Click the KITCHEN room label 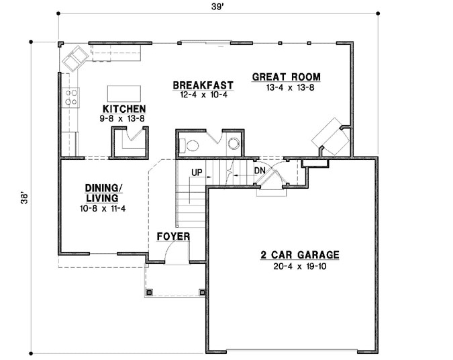click(124, 108)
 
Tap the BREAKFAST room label click(203, 85)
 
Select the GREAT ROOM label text click(286, 77)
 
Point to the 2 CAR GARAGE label click(300, 255)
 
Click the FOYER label click(173, 236)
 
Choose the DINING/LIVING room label click(102, 193)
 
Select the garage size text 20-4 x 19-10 click(300, 267)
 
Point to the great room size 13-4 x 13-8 click(286, 87)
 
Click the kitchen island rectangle click(121, 93)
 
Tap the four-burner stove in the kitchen click(70, 97)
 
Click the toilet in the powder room click(191, 144)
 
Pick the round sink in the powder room click(234, 142)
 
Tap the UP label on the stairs click(197, 172)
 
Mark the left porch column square click(150, 291)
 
